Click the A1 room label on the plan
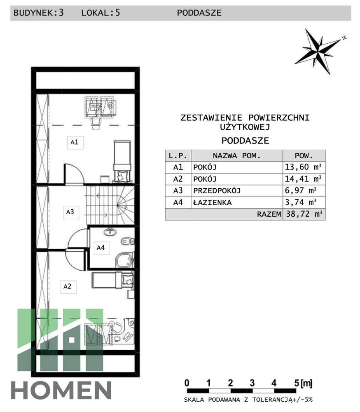[74, 143]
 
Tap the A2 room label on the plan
[67, 286]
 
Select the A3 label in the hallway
[70, 212]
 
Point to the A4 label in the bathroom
[101, 248]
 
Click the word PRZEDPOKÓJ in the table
[217, 191]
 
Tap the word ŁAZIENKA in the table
[212, 203]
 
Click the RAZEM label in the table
[269, 214]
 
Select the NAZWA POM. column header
[236, 156]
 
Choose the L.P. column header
[178, 156]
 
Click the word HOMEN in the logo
[61, 391]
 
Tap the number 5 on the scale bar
[296, 383]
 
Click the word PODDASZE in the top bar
[199, 13]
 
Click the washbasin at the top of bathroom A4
[110, 232]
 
